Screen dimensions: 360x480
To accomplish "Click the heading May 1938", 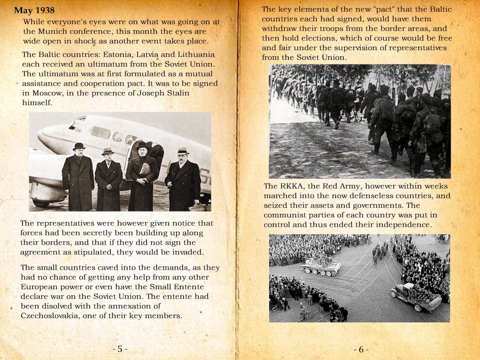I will click(34, 10).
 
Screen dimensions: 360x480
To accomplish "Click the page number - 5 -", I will click(120, 349).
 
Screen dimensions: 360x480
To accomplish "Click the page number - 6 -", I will click(361, 349).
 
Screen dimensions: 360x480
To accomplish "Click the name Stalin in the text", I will click(176, 93).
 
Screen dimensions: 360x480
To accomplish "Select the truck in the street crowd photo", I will click(415, 297).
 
